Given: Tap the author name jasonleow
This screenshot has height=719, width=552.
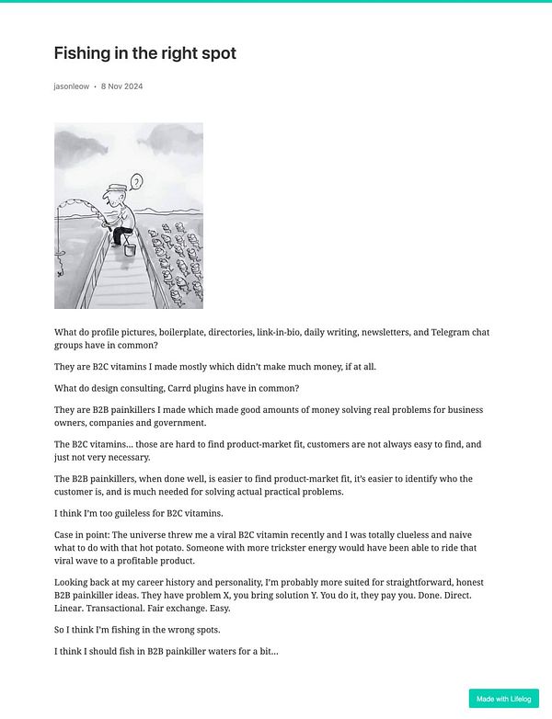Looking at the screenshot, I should pos(72,86).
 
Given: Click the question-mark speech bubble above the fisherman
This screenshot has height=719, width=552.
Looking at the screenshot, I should pos(137,181).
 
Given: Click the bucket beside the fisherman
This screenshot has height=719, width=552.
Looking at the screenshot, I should pos(129,249).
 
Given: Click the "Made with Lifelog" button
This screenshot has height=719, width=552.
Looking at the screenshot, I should pos(503,699).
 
